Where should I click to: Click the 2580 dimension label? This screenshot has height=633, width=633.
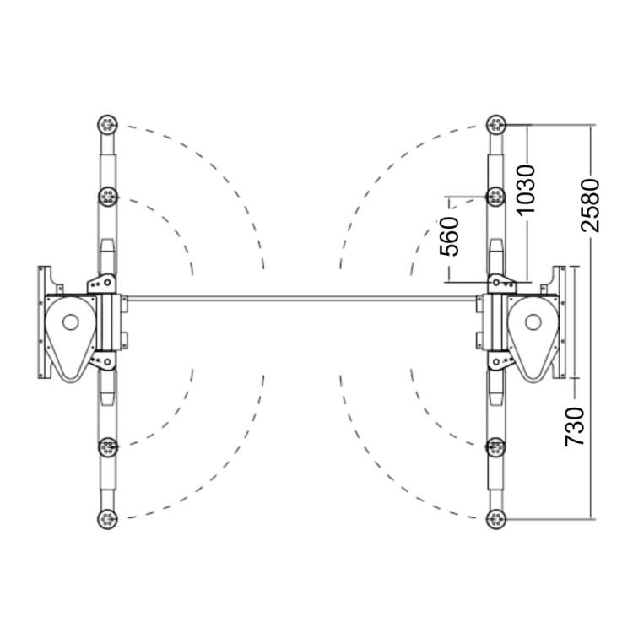pos(590,206)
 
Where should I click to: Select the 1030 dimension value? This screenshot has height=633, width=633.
pos(526,188)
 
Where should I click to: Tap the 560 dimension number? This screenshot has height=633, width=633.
pos(449,236)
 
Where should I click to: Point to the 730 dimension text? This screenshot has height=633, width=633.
pos(575,427)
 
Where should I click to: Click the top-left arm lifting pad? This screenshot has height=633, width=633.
pos(107,125)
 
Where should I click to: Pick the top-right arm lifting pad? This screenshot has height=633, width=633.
pos(496,125)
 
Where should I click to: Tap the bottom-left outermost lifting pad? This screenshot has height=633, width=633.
pos(107,519)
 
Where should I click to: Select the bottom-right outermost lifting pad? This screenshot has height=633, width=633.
pos(496,519)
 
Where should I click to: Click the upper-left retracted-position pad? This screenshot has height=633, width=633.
pos(107,197)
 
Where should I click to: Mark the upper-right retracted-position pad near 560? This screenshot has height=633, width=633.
pos(496,197)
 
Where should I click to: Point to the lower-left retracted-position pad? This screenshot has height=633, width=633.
pos(107,447)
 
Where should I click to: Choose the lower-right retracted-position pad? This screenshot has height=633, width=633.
pos(496,447)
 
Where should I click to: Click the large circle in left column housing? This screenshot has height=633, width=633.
pos(71,322)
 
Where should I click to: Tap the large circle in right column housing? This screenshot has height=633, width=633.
pos(533,322)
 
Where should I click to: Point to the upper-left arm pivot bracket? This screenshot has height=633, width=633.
pos(102,284)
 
